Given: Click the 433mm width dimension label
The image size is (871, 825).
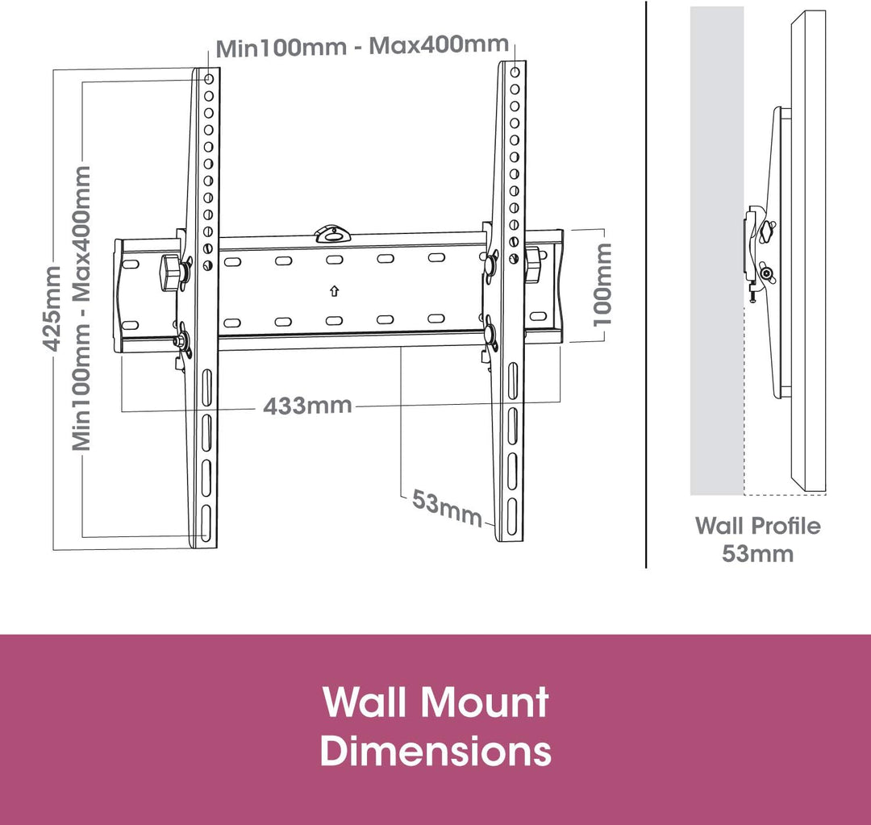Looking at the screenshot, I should pyautogui.click(x=307, y=405).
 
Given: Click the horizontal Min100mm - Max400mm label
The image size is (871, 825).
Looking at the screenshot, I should pyautogui.click(x=362, y=45).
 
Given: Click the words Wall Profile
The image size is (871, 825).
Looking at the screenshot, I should pyautogui.click(x=757, y=527).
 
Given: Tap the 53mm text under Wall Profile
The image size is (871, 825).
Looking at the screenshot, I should pyautogui.click(x=757, y=554).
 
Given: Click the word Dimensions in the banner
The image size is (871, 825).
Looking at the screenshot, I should pyautogui.click(x=435, y=750).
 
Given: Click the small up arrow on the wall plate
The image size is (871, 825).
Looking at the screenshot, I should pyautogui.click(x=334, y=290).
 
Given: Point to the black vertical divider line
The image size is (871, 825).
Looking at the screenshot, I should pyautogui.click(x=646, y=282).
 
